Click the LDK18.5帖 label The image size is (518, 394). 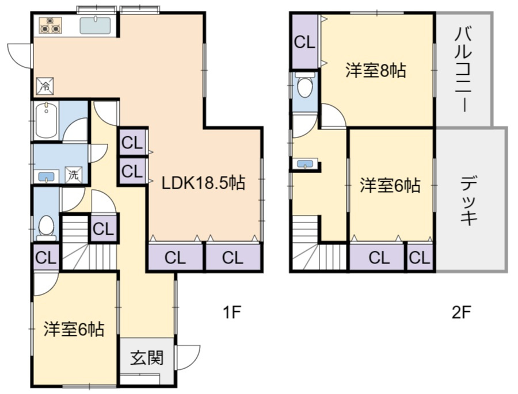point(203,183)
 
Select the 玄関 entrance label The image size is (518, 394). point(146,358)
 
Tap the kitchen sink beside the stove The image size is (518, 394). point(95,26)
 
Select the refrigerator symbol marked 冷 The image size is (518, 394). point(44,86)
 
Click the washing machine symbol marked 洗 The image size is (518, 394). point(73,174)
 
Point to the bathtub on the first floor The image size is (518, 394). point(46,121)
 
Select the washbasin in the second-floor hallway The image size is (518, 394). point(305,165)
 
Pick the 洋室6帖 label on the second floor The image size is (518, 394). point(390,186)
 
